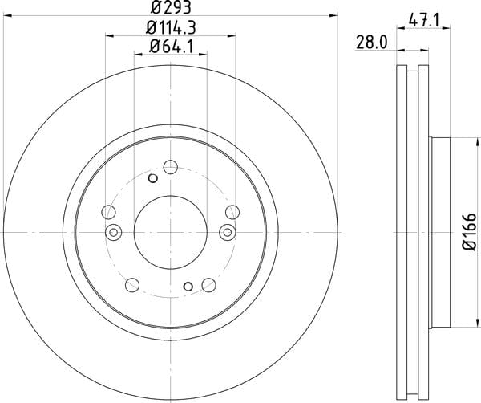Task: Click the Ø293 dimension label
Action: (171, 7)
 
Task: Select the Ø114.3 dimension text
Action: (171, 27)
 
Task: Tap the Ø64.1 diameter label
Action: (171, 47)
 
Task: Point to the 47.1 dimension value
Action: (424, 21)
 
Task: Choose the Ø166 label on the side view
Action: (470, 232)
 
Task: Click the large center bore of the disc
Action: (171, 232)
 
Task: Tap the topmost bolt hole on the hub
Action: (171, 167)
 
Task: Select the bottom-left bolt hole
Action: (132, 285)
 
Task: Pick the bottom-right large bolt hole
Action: (209, 285)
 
